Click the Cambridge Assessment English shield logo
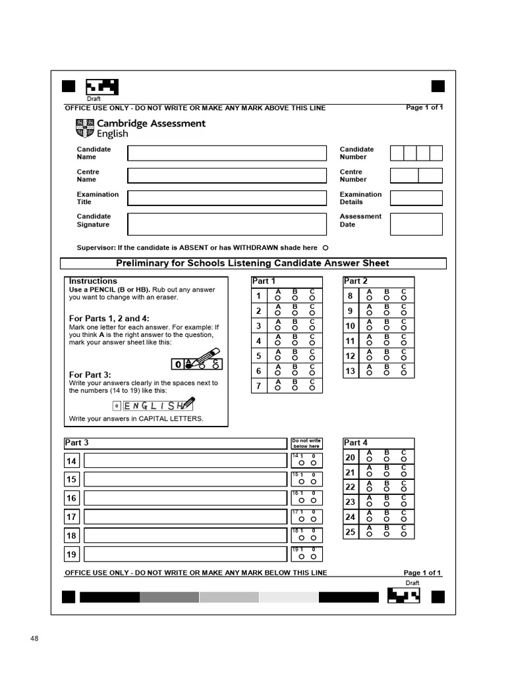[86, 128]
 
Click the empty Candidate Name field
[227, 153]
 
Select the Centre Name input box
[227, 176]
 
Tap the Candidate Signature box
[227, 224]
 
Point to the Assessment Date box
[416, 224]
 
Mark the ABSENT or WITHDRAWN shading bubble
[325, 248]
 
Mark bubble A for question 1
[278, 298]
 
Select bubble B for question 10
[386, 328]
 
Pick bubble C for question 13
[404, 373]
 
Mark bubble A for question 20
[369, 459]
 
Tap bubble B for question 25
[386, 534]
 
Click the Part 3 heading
[77, 443]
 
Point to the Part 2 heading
[356, 281]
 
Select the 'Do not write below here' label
[306, 444]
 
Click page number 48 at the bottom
[35, 638]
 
